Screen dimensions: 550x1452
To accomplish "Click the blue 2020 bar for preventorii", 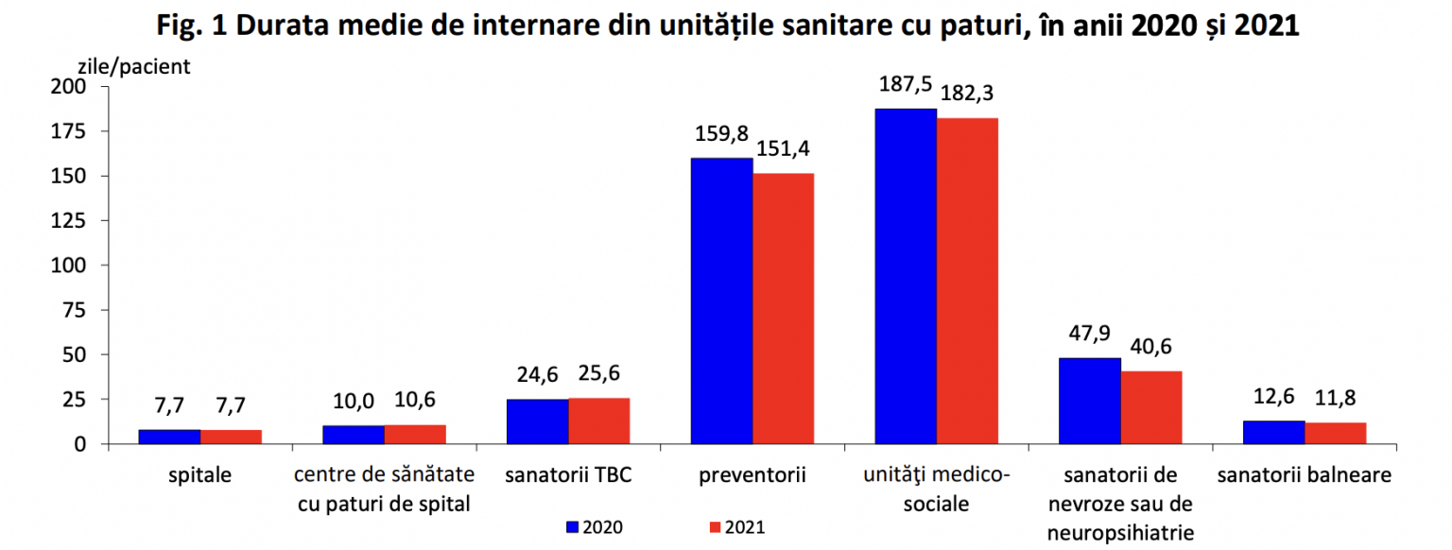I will (x=721, y=301).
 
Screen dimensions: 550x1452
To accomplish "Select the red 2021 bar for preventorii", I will (x=783, y=308).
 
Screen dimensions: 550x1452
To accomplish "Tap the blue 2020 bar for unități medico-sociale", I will (x=906, y=276).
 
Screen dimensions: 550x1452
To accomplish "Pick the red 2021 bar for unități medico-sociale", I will (x=967, y=281).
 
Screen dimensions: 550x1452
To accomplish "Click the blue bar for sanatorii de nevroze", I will (x=1090, y=401).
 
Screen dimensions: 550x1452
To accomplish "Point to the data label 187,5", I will (x=906, y=85).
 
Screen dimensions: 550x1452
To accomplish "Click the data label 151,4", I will (x=784, y=149).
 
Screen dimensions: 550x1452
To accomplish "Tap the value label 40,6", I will (x=1151, y=347).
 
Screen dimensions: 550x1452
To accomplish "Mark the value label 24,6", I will (x=537, y=375).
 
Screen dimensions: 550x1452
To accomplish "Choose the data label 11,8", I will (x=1336, y=398).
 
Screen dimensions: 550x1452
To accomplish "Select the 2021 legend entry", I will (x=736, y=527).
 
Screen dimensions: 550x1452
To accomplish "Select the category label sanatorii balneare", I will (x=1305, y=475).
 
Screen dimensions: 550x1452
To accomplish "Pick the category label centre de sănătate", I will (x=384, y=475).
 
